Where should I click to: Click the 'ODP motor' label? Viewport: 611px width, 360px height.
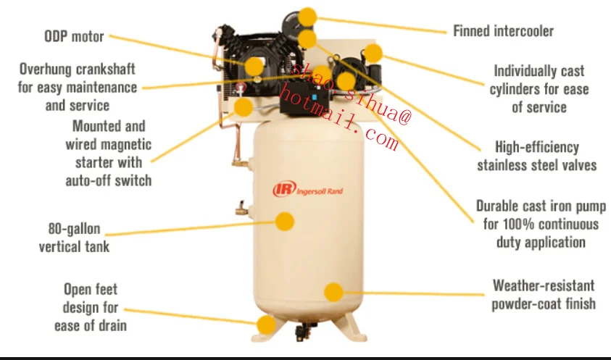pyautogui.click(x=74, y=36)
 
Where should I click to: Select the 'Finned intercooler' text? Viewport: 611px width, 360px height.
pyautogui.click(x=503, y=31)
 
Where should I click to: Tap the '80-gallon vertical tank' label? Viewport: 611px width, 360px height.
pyautogui.click(x=74, y=238)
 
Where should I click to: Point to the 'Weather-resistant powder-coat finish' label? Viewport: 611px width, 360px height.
pyautogui.click(x=544, y=294)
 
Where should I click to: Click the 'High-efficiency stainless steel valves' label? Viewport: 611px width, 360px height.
pyautogui.click(x=536, y=156)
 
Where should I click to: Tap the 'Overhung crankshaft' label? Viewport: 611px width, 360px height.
pyautogui.click(x=77, y=87)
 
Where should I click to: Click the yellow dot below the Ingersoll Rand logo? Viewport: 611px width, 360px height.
pyautogui.click(x=286, y=221)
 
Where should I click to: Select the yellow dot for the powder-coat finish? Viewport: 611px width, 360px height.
pyautogui.click(x=333, y=292)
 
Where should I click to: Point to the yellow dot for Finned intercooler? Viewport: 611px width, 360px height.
pyautogui.click(x=308, y=16)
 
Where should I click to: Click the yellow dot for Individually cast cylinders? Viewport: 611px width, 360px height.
pyautogui.click(x=373, y=52)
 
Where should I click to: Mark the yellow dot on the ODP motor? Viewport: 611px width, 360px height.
pyautogui.click(x=254, y=67)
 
